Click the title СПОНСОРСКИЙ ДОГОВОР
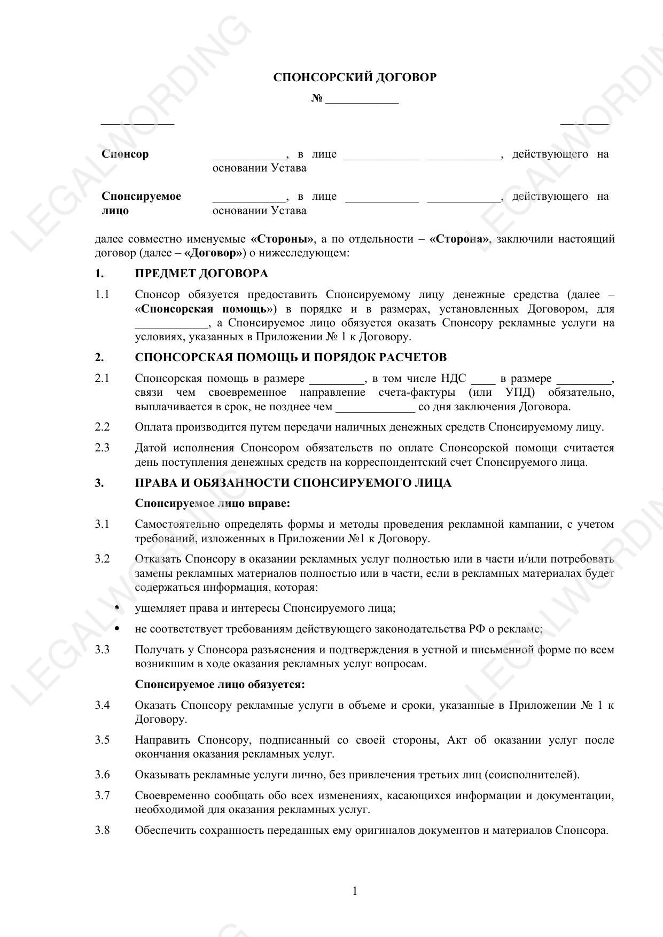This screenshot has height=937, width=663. point(355,77)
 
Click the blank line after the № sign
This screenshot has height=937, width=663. point(362,99)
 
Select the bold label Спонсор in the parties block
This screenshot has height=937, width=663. point(125,154)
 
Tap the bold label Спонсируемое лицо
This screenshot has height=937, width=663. point(141,203)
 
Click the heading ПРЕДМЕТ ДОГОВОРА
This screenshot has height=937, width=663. point(201,274)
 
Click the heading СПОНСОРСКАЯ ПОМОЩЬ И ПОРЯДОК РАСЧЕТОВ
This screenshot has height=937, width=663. point(291,357)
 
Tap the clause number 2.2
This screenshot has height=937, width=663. point(102,427)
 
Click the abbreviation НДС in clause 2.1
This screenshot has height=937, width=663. point(454,379)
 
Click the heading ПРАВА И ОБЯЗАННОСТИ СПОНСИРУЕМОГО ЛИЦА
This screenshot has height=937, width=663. point(293,483)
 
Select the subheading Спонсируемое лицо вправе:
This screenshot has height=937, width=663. point(213,503)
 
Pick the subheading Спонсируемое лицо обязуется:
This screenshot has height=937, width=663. point(220,684)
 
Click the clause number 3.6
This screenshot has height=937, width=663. point(102,775)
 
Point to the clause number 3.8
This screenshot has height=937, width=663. point(102,830)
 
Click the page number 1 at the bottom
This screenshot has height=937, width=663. point(355,891)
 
